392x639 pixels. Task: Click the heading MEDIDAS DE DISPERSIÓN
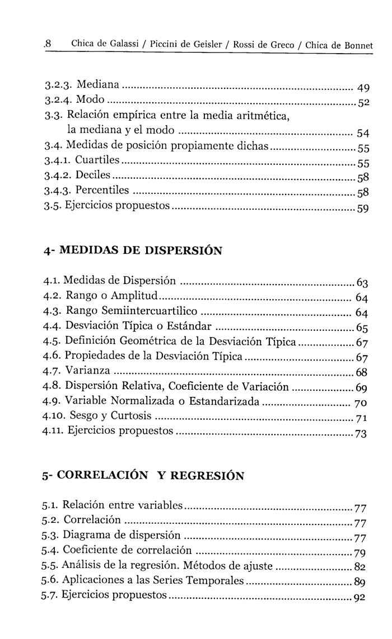(132, 250)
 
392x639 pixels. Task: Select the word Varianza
(88, 371)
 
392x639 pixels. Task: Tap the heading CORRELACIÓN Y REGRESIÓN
(143, 476)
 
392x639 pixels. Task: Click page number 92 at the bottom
(360, 597)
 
